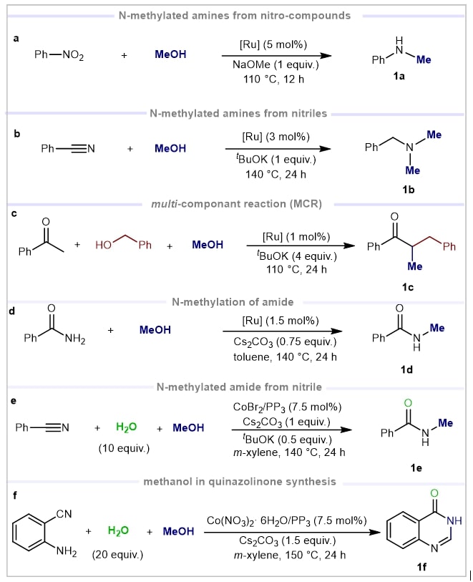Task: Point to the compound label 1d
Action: tap(401, 370)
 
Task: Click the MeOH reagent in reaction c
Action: tap(208, 245)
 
